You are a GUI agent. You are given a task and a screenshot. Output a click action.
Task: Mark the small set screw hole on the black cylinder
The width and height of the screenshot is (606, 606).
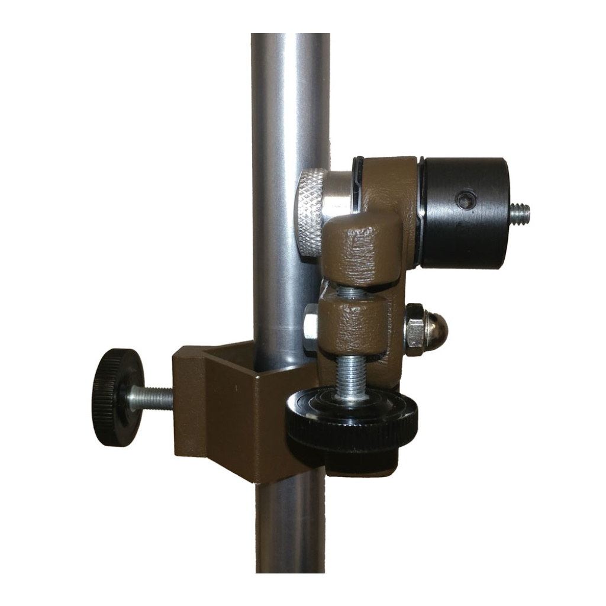pyautogui.click(x=466, y=200)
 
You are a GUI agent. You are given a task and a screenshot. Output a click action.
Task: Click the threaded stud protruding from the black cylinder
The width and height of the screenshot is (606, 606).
pyautogui.click(x=520, y=213)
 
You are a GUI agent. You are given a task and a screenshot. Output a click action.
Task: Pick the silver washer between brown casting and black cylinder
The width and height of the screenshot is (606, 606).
pyautogui.click(x=420, y=213)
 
